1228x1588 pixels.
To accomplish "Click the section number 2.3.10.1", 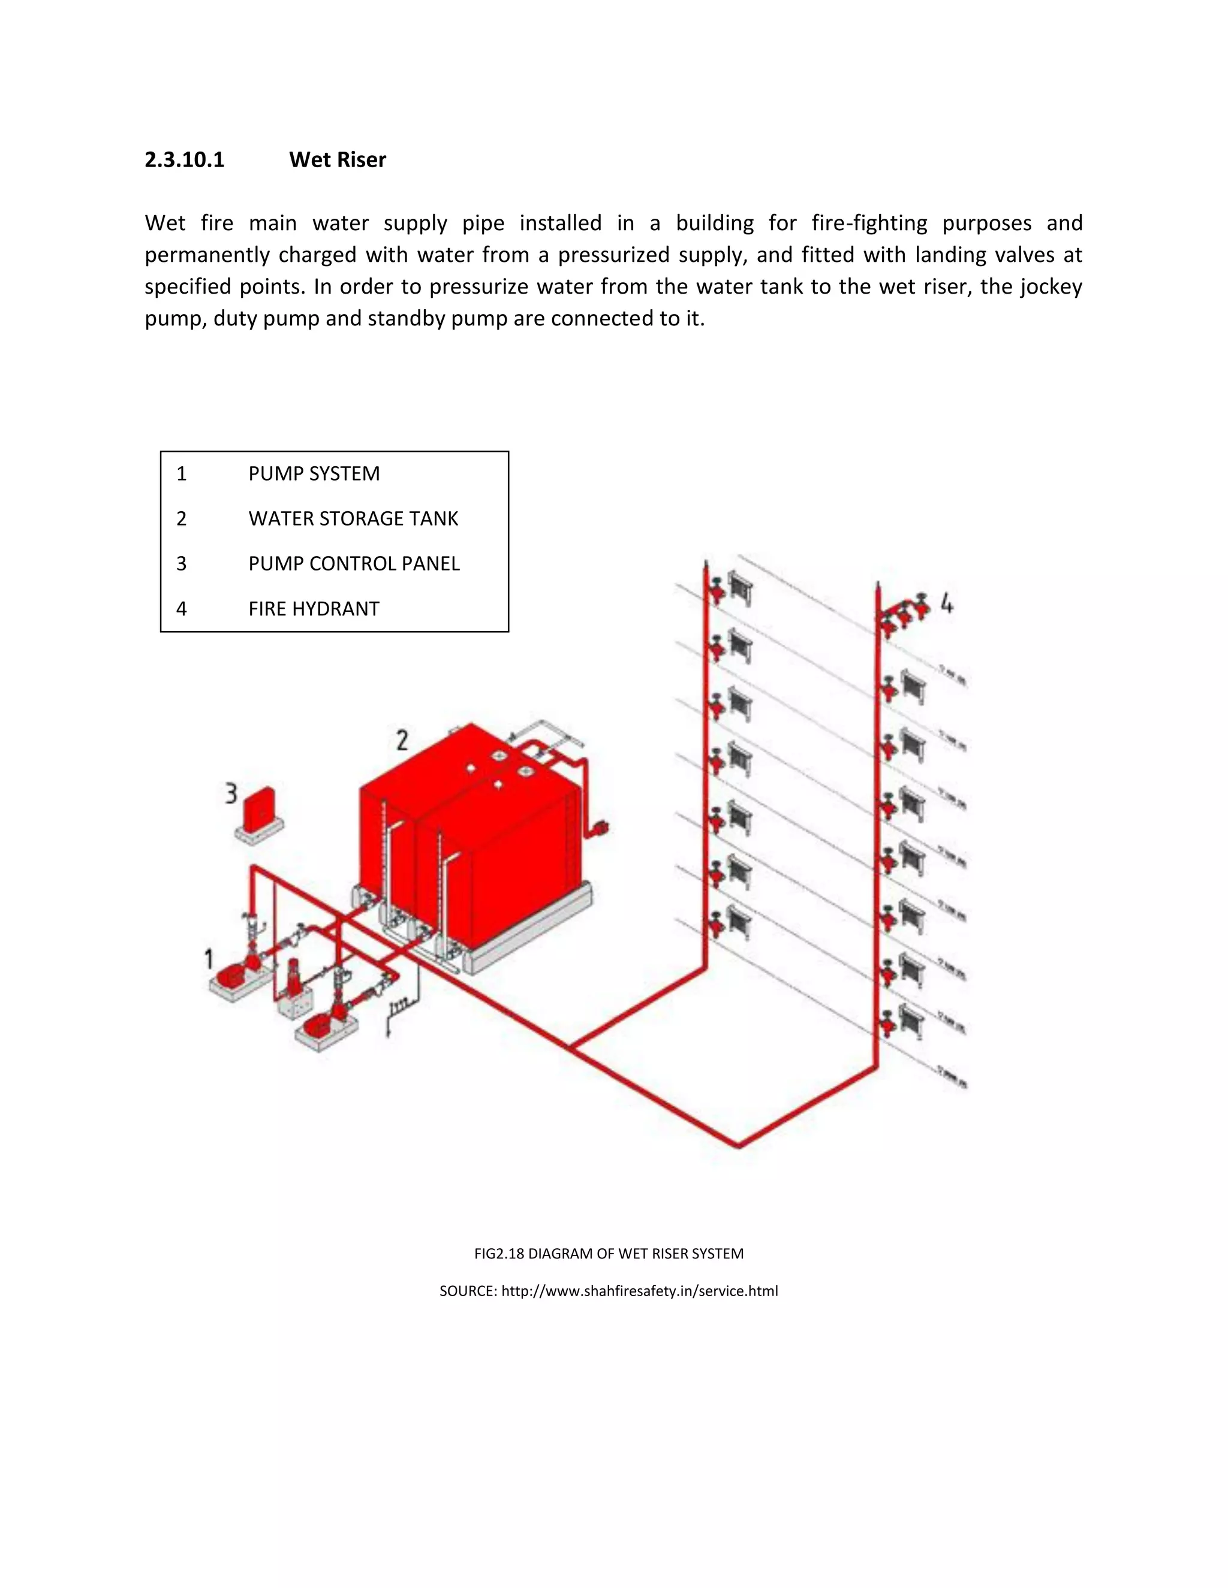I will pos(184,160).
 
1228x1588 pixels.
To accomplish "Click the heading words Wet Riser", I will pos(337,160).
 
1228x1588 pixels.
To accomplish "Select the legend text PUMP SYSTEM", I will pos(314,474).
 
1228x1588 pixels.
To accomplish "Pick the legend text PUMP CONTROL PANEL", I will pos(354,564).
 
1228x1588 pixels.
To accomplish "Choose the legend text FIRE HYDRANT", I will pos(314,609).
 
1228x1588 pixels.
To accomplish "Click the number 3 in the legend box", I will pos(181,564).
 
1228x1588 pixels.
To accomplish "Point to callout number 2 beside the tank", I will pos(402,740).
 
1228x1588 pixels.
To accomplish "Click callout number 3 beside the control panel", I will pos(231,793).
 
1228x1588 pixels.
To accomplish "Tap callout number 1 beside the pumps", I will pos(209,959).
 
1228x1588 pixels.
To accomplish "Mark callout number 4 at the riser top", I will pos(946,603).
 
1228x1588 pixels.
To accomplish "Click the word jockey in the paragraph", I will pos(1051,286).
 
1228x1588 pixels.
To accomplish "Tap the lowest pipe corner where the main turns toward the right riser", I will pos(739,1146).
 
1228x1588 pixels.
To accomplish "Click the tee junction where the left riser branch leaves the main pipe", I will pos(571,1047).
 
